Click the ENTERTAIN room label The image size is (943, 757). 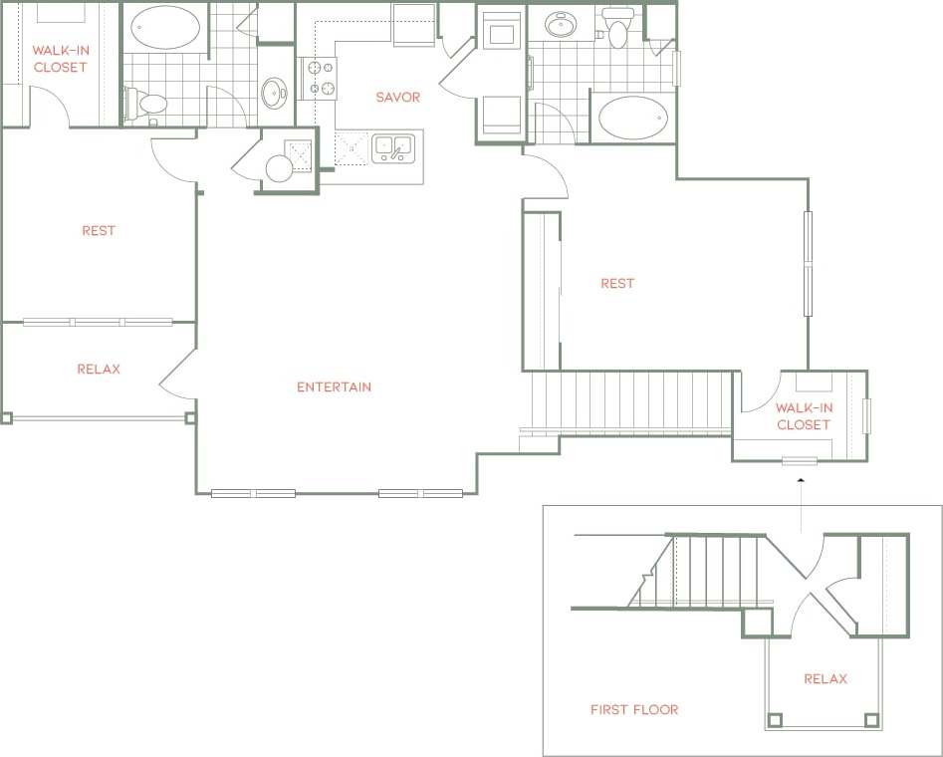click(x=334, y=386)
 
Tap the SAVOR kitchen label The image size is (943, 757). click(x=397, y=98)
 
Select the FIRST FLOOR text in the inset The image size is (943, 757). click(x=633, y=710)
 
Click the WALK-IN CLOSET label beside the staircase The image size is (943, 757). click(x=803, y=416)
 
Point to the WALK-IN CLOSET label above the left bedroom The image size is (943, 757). click(x=60, y=59)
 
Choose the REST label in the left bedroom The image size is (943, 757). click(x=99, y=231)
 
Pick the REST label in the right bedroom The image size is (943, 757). click(x=617, y=284)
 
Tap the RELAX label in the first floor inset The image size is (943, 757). click(x=825, y=679)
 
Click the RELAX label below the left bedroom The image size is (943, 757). click(x=99, y=370)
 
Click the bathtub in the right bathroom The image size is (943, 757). click(x=631, y=118)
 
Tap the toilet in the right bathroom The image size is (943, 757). click(x=618, y=31)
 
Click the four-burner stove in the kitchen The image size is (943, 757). click(x=320, y=78)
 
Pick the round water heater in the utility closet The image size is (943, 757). click(x=279, y=169)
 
